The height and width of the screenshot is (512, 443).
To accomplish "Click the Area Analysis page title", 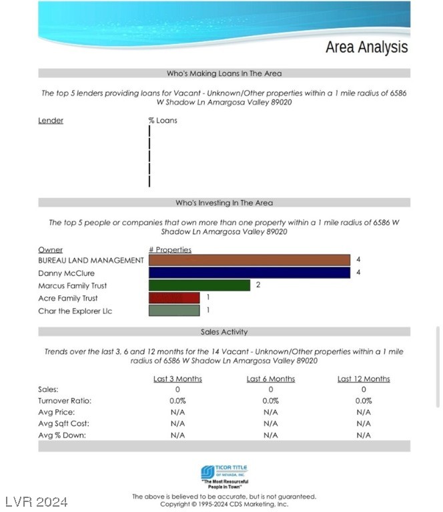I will click(x=366, y=47).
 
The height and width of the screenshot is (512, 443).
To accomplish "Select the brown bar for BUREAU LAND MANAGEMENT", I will click(x=250, y=260).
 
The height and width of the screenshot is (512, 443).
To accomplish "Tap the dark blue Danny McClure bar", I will click(x=250, y=273).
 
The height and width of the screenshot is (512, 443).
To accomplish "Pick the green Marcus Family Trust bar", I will click(x=199, y=285).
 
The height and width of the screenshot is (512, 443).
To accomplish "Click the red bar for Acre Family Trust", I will click(x=174, y=298).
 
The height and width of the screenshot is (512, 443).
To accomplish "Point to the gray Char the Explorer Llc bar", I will click(x=174, y=310).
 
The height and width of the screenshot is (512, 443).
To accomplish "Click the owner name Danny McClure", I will click(x=66, y=273).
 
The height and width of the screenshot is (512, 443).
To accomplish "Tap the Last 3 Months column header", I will click(x=177, y=379).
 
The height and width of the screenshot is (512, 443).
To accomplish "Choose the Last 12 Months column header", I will click(x=364, y=379).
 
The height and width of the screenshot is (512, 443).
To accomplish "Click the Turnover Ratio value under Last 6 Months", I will click(x=271, y=401).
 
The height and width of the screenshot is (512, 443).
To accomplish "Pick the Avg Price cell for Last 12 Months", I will click(x=364, y=412).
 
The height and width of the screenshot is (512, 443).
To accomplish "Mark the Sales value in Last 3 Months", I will click(x=177, y=389).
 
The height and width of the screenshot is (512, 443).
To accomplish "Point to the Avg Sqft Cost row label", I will click(x=64, y=423).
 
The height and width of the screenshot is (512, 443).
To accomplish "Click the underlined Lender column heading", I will click(x=51, y=121).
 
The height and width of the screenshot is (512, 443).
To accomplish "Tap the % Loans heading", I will click(x=163, y=121).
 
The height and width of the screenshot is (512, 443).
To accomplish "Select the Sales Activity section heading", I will click(x=224, y=331).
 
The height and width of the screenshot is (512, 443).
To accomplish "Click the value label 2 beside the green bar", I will click(x=258, y=285).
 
